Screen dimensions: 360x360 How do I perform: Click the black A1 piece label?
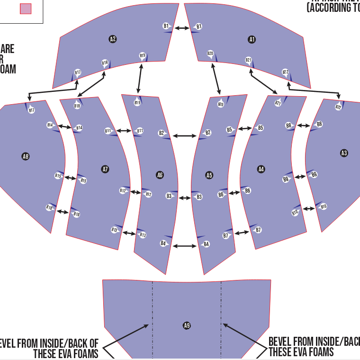click(252, 39)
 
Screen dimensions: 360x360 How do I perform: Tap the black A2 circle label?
click(113, 39)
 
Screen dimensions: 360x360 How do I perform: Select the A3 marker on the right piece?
click(344, 153)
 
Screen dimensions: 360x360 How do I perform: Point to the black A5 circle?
click(209, 175)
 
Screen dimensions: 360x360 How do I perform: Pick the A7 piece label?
click(105, 169)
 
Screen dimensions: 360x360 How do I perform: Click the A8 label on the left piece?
click(26, 156)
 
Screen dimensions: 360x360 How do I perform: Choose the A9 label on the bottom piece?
click(187, 325)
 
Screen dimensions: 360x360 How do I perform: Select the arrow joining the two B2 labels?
click(184, 136)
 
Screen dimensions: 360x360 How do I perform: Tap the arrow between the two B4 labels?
click(184, 246)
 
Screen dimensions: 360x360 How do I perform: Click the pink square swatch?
click(26, 8)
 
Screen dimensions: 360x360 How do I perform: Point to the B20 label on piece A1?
click(210, 54)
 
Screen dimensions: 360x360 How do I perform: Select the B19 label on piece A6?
click(137, 102)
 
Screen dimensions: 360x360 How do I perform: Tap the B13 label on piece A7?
click(114, 230)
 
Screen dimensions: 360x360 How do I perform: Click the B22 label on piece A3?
click(338, 107)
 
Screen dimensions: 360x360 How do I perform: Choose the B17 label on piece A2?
click(78, 72)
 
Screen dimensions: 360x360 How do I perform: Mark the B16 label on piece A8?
click(49, 208)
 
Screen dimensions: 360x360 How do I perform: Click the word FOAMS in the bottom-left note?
click(84, 353)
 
